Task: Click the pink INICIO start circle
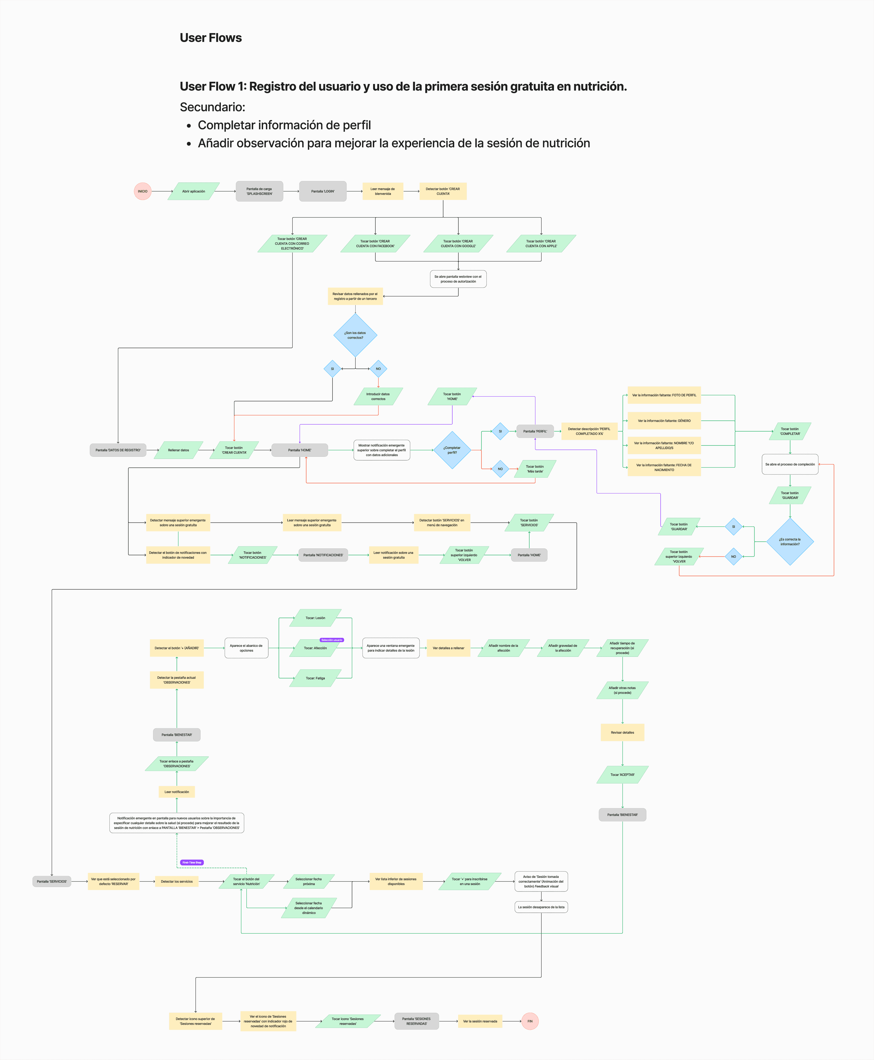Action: pyautogui.click(x=143, y=191)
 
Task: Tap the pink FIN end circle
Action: pyautogui.click(x=530, y=1021)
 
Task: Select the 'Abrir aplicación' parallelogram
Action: pyautogui.click(x=193, y=191)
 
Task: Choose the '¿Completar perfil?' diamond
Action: pyautogui.click(x=452, y=450)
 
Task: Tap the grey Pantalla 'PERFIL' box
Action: pyautogui.click(x=535, y=431)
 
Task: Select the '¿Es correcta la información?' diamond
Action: pyautogui.click(x=790, y=542)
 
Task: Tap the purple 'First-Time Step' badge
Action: pyautogui.click(x=192, y=863)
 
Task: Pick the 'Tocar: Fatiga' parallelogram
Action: pyautogui.click(x=315, y=678)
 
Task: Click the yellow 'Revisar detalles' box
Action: pyautogui.click(x=622, y=732)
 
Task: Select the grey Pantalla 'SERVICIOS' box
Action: pyautogui.click(x=52, y=882)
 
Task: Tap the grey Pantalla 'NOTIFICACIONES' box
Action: pyautogui.click(x=323, y=555)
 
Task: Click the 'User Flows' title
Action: pyautogui.click(x=211, y=38)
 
